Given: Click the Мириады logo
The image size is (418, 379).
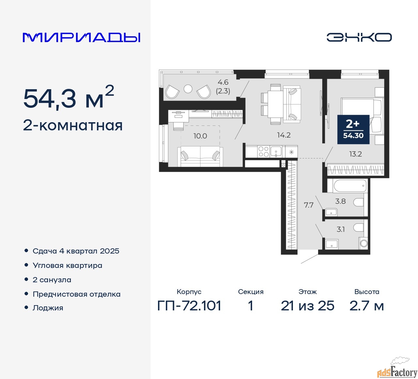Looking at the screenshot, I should coord(82,37).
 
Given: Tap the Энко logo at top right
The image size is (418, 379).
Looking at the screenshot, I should coord(359,37).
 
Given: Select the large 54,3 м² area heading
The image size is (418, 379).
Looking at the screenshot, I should coord(69,98).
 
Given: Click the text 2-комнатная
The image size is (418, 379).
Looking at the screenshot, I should coord(73,125).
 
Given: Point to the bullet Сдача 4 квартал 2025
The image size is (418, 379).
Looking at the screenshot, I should coord(76,251).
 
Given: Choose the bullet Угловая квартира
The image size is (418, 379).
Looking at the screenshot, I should coord(67,265).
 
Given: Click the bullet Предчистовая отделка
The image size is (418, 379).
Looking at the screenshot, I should coord(76,294).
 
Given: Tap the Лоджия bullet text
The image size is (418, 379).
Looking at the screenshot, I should coord(48,308).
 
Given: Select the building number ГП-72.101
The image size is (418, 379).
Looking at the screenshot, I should coord(189,306).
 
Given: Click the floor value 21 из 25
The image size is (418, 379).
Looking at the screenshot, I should coord(307,306).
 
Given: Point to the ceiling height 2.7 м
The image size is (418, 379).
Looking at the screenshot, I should coord(366,306).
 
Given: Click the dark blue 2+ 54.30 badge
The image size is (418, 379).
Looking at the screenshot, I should coord(353,129).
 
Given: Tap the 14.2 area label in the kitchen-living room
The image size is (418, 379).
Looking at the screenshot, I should coord(283,135).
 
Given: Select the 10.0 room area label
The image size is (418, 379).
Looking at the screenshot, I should coord(200,136).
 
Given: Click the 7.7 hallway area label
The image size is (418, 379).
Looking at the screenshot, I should coord(308,205).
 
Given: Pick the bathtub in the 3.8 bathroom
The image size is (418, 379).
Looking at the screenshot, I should coord(350,186).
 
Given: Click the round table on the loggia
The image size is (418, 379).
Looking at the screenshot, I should coord(188,89).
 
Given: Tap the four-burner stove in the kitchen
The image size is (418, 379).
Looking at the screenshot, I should coord(264,152).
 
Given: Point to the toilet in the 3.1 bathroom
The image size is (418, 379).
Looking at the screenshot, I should coord(359,227).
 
